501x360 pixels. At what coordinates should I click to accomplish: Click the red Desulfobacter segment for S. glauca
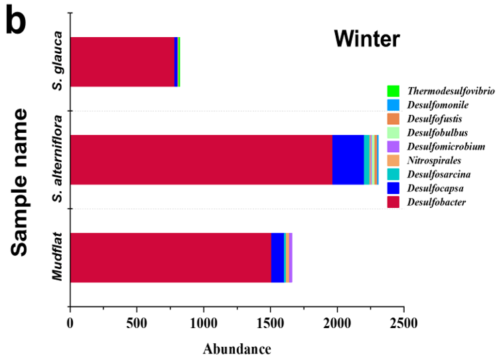[x=121, y=62]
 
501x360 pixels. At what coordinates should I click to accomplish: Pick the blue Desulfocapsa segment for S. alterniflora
[x=348, y=159]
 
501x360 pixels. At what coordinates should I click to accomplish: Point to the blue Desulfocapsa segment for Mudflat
[x=277, y=258]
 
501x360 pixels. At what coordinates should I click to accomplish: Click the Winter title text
[x=367, y=39]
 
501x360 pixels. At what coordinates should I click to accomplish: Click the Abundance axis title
[x=237, y=349]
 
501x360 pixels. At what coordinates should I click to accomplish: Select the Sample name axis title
[x=21, y=182]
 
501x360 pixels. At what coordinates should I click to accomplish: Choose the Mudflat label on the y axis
[x=58, y=256]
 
